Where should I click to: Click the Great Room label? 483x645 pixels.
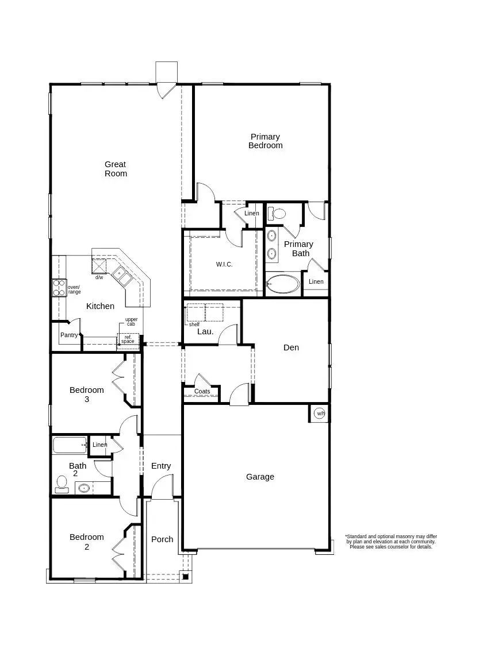click(x=116, y=169)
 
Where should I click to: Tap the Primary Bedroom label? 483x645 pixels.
click(x=265, y=141)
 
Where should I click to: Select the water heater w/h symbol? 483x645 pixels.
click(x=320, y=414)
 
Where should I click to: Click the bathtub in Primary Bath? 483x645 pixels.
click(x=283, y=284)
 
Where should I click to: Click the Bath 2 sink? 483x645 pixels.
click(x=84, y=489)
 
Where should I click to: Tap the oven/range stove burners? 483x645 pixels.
click(x=58, y=287)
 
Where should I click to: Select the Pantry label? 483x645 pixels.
click(x=69, y=335)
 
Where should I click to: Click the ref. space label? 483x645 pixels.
click(x=128, y=339)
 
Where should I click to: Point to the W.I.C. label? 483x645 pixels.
click(x=224, y=264)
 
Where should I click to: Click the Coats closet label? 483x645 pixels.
click(x=202, y=392)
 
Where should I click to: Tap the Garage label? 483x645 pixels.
click(x=260, y=477)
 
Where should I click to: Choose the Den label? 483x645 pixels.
click(x=291, y=347)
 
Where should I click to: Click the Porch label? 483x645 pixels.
click(x=162, y=539)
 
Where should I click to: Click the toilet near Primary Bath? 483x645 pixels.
click(x=278, y=214)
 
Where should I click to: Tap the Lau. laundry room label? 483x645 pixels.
click(x=205, y=331)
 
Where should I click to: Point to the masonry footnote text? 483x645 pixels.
click(x=390, y=542)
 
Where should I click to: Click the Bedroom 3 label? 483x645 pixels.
click(x=87, y=394)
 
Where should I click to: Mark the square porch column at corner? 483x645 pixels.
click(x=185, y=576)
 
